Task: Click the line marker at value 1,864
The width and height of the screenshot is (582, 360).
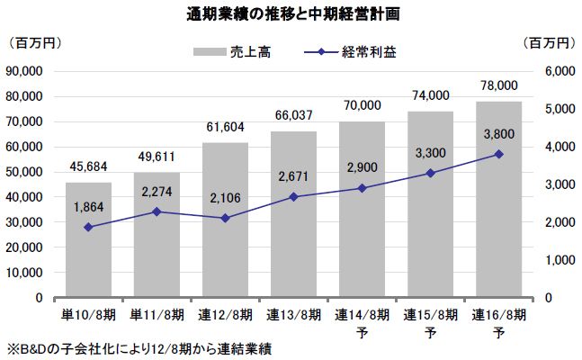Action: coord(88,227)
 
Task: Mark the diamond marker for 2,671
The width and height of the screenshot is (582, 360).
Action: coord(293,196)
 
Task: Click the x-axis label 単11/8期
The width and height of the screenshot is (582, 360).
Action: coord(157,314)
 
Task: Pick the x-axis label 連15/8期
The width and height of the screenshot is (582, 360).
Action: coord(430,314)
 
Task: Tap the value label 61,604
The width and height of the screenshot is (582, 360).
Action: coord(225,128)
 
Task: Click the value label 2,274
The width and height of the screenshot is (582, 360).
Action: coord(157,192)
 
